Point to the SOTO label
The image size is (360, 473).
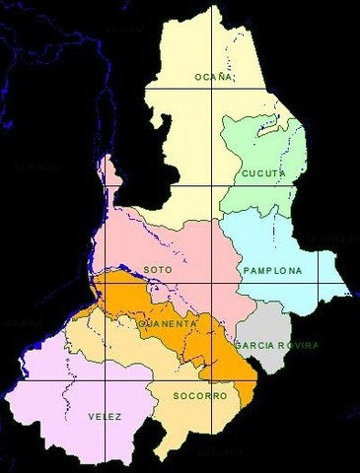click(x=152, y=268)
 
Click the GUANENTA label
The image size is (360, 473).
click(x=167, y=322)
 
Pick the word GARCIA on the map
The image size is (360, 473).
click(x=252, y=346)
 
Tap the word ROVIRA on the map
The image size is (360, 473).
click(x=297, y=346)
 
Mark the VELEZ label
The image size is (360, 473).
click(x=104, y=416)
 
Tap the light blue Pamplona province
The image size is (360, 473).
click(x=296, y=246)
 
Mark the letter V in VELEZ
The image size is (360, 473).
click(x=89, y=416)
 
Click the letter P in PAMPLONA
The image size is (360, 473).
click(x=245, y=268)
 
